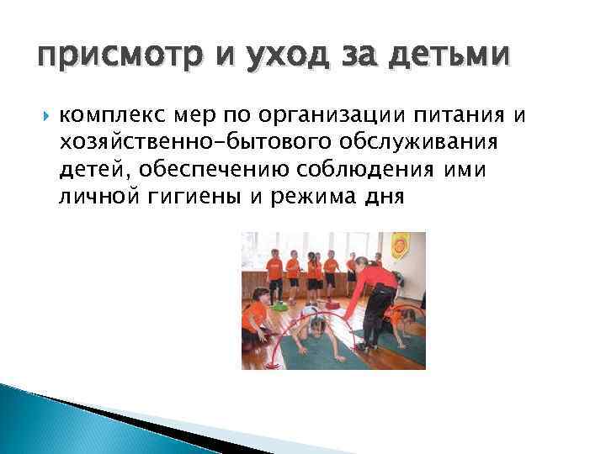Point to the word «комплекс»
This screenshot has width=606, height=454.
click(107, 115)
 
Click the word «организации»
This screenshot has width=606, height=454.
click(320, 115)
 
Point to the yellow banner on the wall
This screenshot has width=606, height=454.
click(400, 245)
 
